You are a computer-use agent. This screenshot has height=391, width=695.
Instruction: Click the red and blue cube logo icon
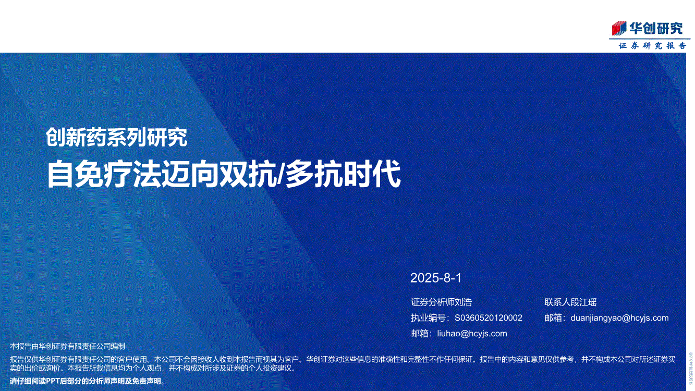[619, 28]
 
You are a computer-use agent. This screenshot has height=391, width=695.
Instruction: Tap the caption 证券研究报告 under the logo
[653, 46]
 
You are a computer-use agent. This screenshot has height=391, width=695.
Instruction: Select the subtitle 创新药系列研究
[117, 137]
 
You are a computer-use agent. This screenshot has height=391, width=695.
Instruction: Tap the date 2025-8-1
[436, 278]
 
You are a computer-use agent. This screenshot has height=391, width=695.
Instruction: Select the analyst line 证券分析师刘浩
[442, 302]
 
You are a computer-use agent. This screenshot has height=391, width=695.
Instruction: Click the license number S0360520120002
[489, 318]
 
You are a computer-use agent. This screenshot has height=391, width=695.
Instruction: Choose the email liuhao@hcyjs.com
[472, 334]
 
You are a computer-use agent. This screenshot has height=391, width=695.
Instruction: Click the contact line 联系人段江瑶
[570, 302]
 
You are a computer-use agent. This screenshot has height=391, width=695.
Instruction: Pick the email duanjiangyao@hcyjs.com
[619, 318]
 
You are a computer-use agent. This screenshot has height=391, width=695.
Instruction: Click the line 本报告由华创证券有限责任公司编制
[67, 346]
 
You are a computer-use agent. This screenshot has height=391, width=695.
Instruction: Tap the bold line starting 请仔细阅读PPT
[87, 381]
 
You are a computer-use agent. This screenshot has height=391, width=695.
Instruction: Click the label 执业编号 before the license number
[429, 318]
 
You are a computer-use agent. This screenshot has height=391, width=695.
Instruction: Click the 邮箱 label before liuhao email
[420, 334]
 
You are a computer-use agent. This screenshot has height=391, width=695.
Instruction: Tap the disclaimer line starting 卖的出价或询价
[153, 369]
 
